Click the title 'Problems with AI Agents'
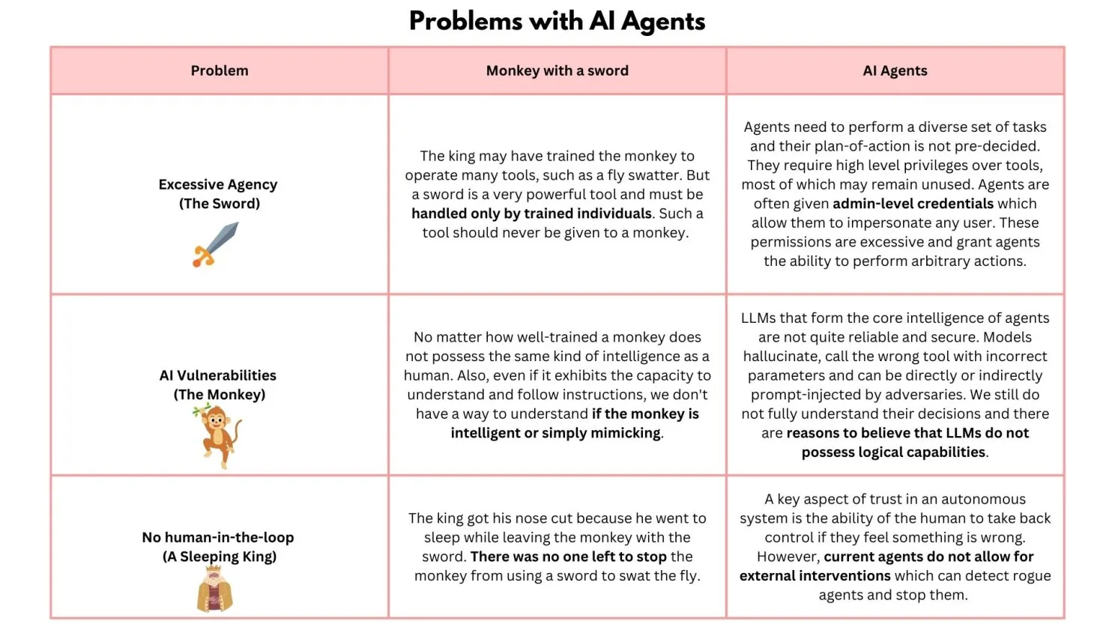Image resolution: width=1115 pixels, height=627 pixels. [557, 21]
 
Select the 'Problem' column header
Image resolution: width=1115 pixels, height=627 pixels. [219, 70]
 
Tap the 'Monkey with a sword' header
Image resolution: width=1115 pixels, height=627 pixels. [557, 70]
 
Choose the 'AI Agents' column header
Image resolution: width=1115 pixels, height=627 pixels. [895, 70]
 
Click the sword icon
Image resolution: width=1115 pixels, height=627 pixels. [215, 244]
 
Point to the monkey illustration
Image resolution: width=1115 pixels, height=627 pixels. [218, 435]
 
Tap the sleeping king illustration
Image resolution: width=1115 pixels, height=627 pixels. [215, 589]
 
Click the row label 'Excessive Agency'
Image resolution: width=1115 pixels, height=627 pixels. [218, 184]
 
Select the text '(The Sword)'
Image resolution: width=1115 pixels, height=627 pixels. [219, 204]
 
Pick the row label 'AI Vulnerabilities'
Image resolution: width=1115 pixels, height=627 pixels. [218, 375]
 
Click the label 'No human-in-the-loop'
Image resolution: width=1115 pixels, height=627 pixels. [218, 537]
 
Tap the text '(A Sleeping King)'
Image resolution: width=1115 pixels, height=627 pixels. [219, 557]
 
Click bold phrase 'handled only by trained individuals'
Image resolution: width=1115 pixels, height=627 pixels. [531, 213]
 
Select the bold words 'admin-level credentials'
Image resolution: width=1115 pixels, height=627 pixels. [913, 204]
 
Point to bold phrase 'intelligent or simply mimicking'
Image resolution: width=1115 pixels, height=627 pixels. [555, 433]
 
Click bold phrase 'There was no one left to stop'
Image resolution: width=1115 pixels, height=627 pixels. [568, 557]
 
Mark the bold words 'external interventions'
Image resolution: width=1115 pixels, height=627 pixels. [815, 576]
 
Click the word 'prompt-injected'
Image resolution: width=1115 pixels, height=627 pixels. [804, 395]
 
